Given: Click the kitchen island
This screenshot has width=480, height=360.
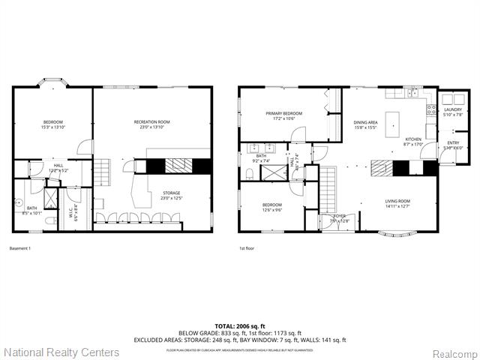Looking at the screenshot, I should (392, 124).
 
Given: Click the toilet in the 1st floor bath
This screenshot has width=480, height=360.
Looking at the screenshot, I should (248, 174).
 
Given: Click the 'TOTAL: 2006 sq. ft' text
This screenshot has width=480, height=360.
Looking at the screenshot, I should (239, 326).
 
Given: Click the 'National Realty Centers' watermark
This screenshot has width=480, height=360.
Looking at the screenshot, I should (61, 352).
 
